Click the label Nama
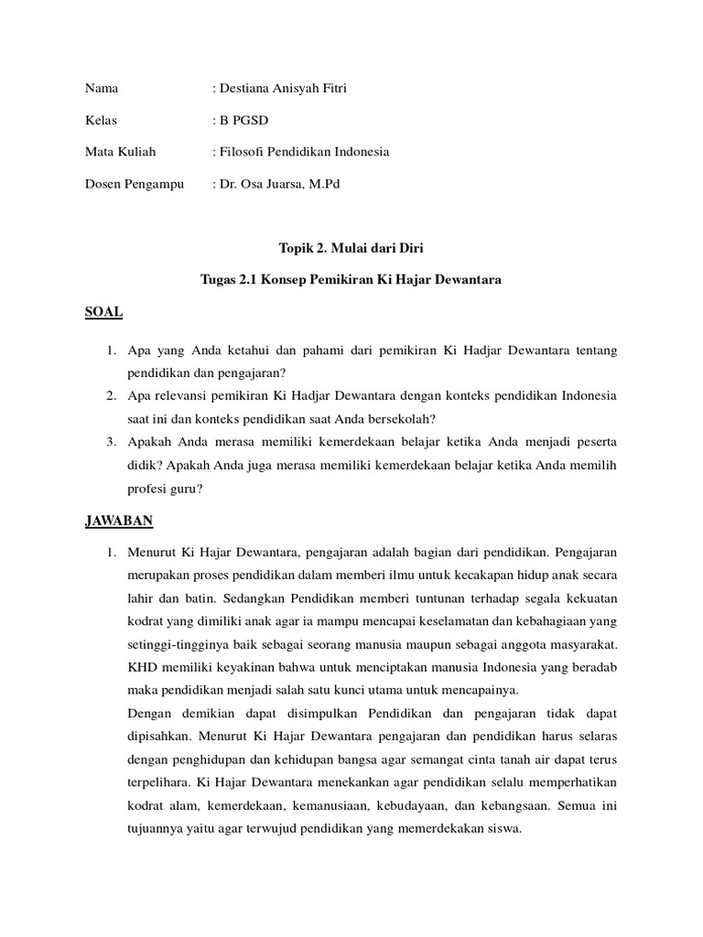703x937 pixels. pyautogui.click(x=102, y=89)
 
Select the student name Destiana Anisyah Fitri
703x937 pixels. pyautogui.click(x=282, y=89)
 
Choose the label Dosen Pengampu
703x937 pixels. pyautogui.click(x=134, y=184)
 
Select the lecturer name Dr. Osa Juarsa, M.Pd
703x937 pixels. pyautogui.click(x=278, y=184)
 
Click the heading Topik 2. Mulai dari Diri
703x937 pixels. pyautogui.click(x=351, y=247)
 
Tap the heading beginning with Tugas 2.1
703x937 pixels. pyautogui.click(x=351, y=279)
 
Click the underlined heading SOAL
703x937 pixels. pyautogui.click(x=103, y=312)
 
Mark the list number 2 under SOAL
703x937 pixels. pyautogui.click(x=109, y=396)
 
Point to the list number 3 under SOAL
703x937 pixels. pyautogui.click(x=109, y=442)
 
